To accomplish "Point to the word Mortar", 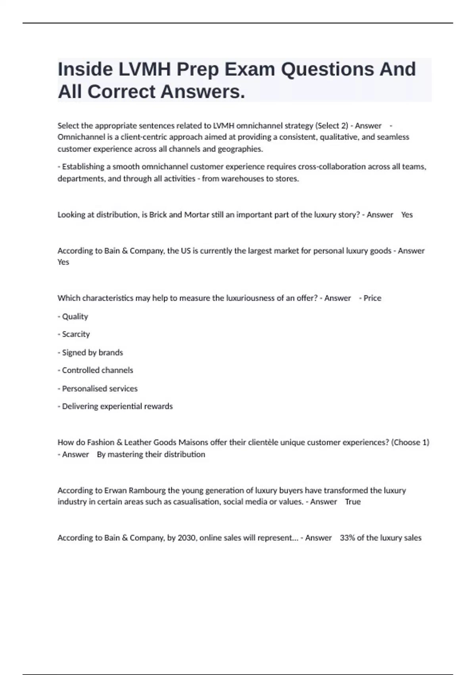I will [197, 215].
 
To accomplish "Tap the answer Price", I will [372, 298].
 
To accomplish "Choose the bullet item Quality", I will [75, 316].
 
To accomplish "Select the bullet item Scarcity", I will [76, 334].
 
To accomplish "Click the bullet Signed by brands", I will [92, 353].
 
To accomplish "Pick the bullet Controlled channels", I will [98, 370].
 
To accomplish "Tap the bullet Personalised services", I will [100, 389].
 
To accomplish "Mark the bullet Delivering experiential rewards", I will [117, 407].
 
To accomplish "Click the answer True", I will [353, 502].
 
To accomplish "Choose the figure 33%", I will [347, 538].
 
